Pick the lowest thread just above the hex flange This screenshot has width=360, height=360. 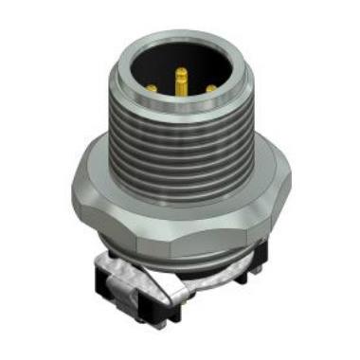click(x=180, y=189)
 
